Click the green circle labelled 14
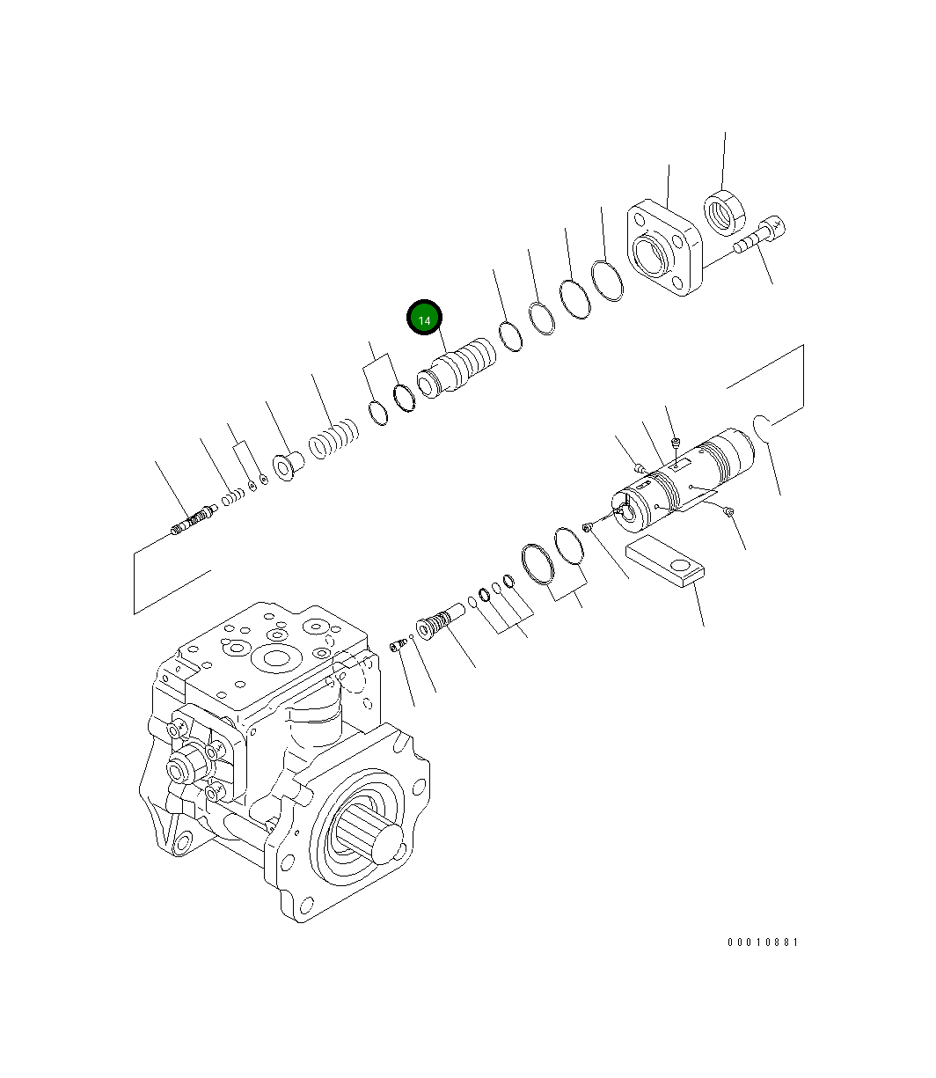(x=424, y=319)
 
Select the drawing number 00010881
(x=762, y=942)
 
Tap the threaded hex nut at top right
(x=725, y=211)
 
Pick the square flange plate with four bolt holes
(x=665, y=250)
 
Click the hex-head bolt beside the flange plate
(x=758, y=237)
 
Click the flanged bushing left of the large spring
(x=288, y=465)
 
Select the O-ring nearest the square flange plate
(x=607, y=280)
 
